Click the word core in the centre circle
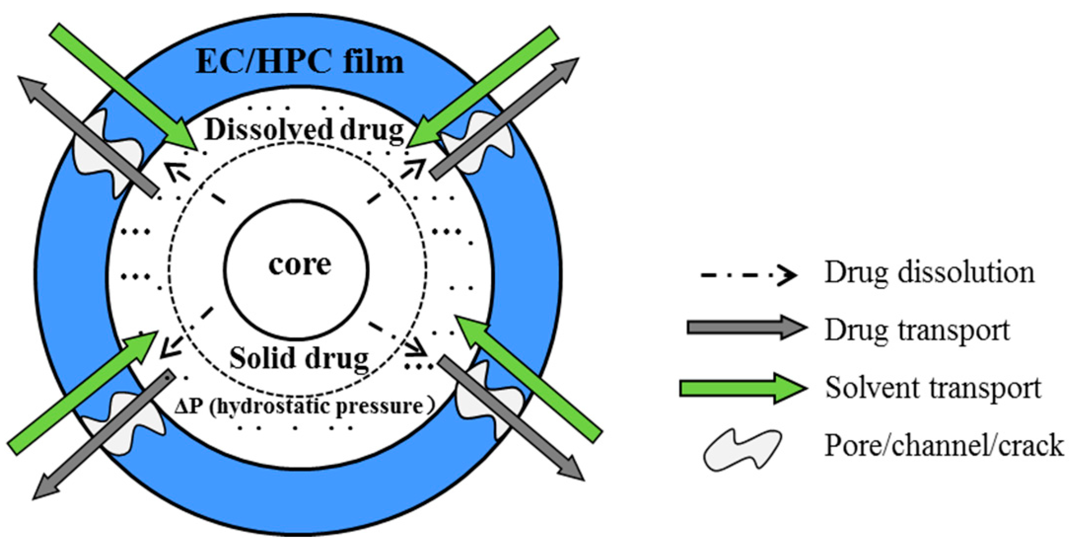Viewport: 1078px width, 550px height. [299, 265]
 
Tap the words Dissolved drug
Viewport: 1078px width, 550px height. [304, 130]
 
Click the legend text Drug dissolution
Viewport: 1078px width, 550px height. [929, 272]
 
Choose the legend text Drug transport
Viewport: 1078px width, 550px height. [917, 330]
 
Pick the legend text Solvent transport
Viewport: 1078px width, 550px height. [933, 388]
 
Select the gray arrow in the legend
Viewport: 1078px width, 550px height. [746, 328]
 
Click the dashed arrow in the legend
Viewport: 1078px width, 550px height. [749, 274]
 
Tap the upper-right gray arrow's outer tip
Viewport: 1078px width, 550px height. [574, 62]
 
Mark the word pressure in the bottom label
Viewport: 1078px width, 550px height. [392, 407]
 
